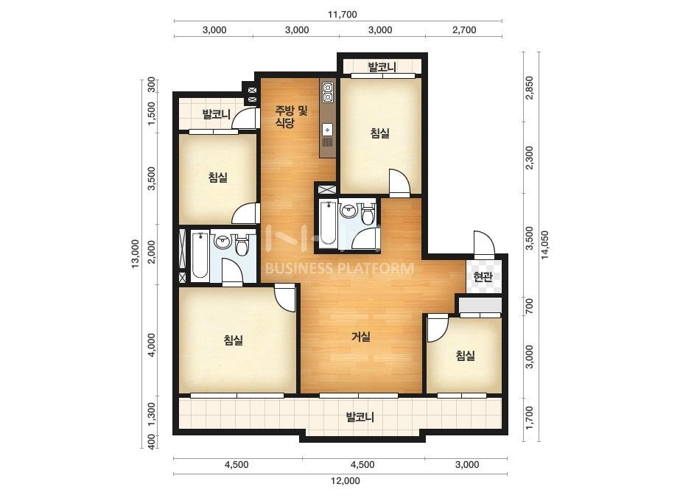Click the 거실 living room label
click(x=361, y=336)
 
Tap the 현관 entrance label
click(x=483, y=277)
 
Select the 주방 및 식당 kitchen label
click(x=291, y=116)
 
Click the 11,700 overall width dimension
click(x=342, y=14)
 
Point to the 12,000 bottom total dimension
click(x=346, y=480)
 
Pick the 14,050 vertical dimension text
click(x=544, y=245)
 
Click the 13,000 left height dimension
click(x=136, y=253)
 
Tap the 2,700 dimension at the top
click(x=464, y=30)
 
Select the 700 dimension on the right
click(x=529, y=306)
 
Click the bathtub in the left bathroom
click(x=200, y=255)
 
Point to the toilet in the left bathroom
click(x=242, y=245)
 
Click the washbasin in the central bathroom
click(x=348, y=211)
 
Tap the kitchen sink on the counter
click(x=327, y=130)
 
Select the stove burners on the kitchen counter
click(x=327, y=91)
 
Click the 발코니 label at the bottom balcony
click(x=360, y=417)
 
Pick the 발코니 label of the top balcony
click(x=382, y=67)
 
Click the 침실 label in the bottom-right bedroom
click(x=466, y=356)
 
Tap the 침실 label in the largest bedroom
click(x=234, y=340)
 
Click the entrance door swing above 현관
click(x=484, y=245)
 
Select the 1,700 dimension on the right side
click(x=529, y=417)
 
